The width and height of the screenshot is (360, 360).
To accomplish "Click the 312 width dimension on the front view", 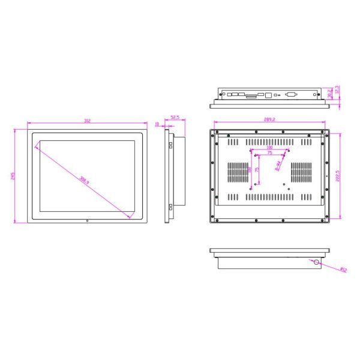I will pyautogui.click(x=88, y=121).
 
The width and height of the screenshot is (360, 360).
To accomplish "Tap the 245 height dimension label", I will pyautogui.click(x=13, y=176).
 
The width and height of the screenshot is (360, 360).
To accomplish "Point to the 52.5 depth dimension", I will pyautogui.click(x=175, y=118).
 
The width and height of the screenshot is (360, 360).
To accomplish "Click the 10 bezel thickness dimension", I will pyautogui.click(x=158, y=125).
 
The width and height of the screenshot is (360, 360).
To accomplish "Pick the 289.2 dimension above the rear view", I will pyautogui.click(x=269, y=119).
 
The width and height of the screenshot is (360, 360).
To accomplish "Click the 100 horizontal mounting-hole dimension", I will pyautogui.click(x=269, y=147).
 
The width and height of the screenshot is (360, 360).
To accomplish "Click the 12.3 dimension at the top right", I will pyautogui.click(x=337, y=89).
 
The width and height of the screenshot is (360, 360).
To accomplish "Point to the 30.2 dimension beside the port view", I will pyautogui.click(x=329, y=94).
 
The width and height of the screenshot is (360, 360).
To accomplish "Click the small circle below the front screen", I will pyautogui.click(x=88, y=221).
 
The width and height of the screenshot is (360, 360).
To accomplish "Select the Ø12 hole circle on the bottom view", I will pyautogui.click(x=316, y=262).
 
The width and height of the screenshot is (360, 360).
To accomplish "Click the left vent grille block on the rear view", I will pyautogui.click(x=236, y=173).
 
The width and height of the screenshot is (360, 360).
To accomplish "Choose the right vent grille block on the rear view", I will pyautogui.click(x=302, y=173).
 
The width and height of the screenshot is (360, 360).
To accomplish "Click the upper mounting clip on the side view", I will pyautogui.click(x=170, y=145).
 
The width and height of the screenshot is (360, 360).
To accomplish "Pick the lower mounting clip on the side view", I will pyautogui.click(x=170, y=207).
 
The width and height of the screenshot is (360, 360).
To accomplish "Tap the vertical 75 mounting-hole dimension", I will pyautogui.click(x=257, y=170).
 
